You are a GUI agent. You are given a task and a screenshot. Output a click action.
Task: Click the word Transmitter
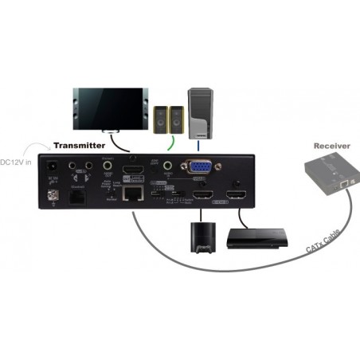tap(79, 147)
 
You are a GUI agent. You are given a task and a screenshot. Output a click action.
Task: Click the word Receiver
tap(332, 147)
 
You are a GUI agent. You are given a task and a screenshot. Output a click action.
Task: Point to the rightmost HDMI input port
tap(235, 195)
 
